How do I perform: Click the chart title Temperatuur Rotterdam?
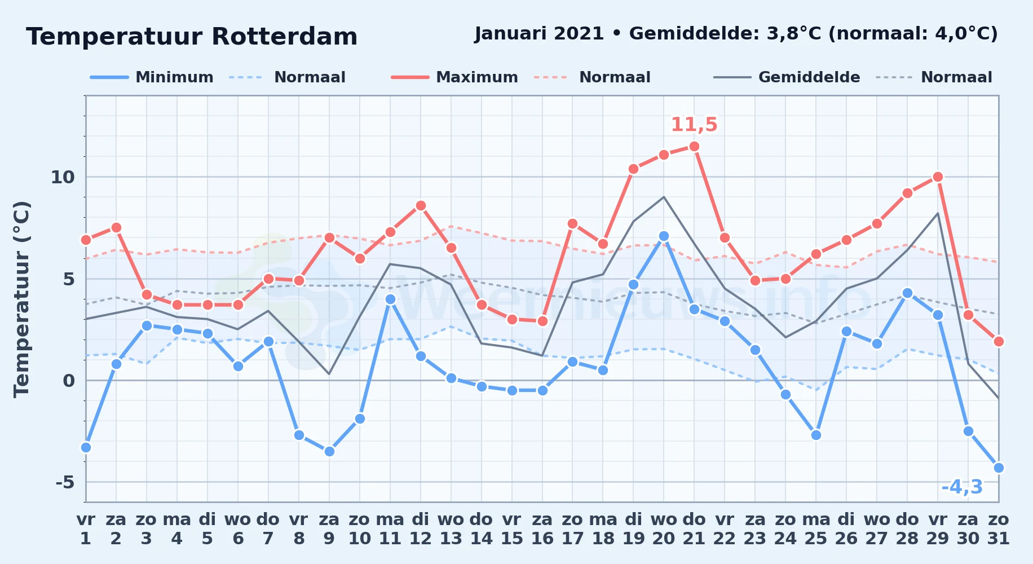pos(192,37)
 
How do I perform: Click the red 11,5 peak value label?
pos(694,125)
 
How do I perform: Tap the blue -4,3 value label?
pos(962,487)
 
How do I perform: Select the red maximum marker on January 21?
pos(694,147)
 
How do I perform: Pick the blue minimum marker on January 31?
pos(999,468)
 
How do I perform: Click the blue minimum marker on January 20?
pos(664,236)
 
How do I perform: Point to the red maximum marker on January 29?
pos(938,177)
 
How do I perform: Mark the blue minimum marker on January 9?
pos(329,451)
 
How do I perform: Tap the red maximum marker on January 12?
pos(421,205)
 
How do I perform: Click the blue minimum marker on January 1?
pos(86,447)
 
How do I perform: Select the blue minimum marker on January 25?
pos(816,435)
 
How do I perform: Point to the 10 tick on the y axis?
pos(63,177)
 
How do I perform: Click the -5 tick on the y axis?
pos(65,482)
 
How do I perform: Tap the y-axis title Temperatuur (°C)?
pos(21,299)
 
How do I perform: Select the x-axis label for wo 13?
pos(451,529)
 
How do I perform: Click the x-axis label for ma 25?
pos(816,529)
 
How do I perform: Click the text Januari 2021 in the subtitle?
pos(540,34)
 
